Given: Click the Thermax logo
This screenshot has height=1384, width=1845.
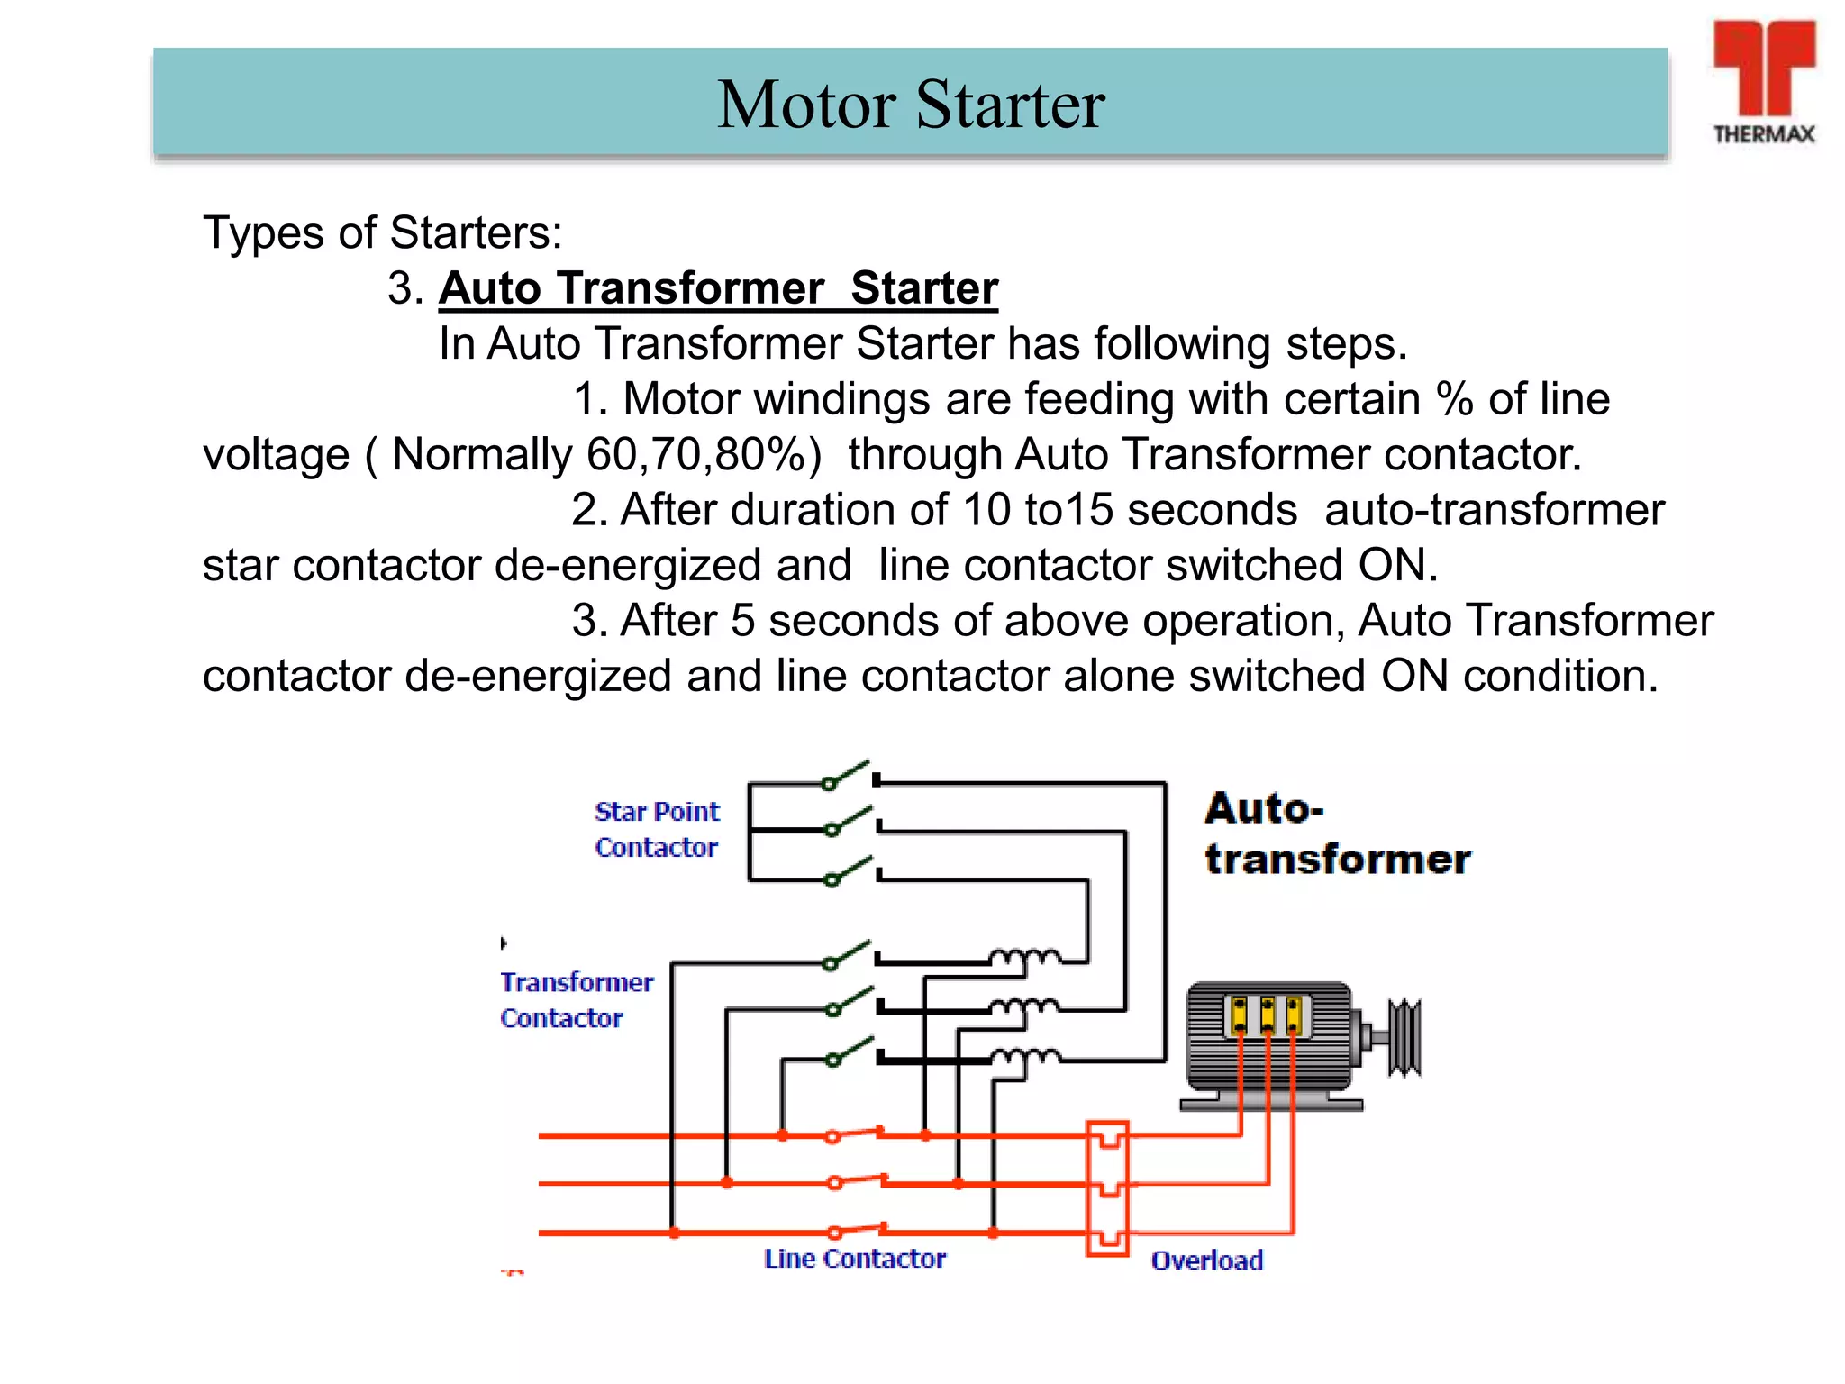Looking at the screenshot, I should (x=1763, y=81).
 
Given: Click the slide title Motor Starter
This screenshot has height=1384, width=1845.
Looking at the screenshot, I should (x=910, y=105).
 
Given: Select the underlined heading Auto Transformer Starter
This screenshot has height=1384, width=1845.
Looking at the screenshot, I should (x=718, y=288).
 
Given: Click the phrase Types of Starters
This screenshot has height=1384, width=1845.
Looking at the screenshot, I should (x=382, y=232).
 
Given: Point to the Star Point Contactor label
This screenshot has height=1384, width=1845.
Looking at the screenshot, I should (x=657, y=829).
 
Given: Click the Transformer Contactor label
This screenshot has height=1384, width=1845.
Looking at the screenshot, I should (x=576, y=999).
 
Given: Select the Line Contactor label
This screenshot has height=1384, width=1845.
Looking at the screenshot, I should (x=854, y=1259).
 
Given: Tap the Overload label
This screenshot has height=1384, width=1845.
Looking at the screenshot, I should (x=1206, y=1261).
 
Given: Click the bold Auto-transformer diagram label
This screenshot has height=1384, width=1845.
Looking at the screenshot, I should (x=1337, y=833).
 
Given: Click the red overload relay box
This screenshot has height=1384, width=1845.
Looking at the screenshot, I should (x=1107, y=1188).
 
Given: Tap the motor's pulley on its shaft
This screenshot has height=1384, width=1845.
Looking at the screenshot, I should (x=1404, y=1037).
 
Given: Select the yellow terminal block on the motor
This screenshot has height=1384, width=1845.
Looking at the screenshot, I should (x=1267, y=1015).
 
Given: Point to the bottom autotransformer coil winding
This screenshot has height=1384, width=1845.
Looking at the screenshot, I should (x=1025, y=1056).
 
